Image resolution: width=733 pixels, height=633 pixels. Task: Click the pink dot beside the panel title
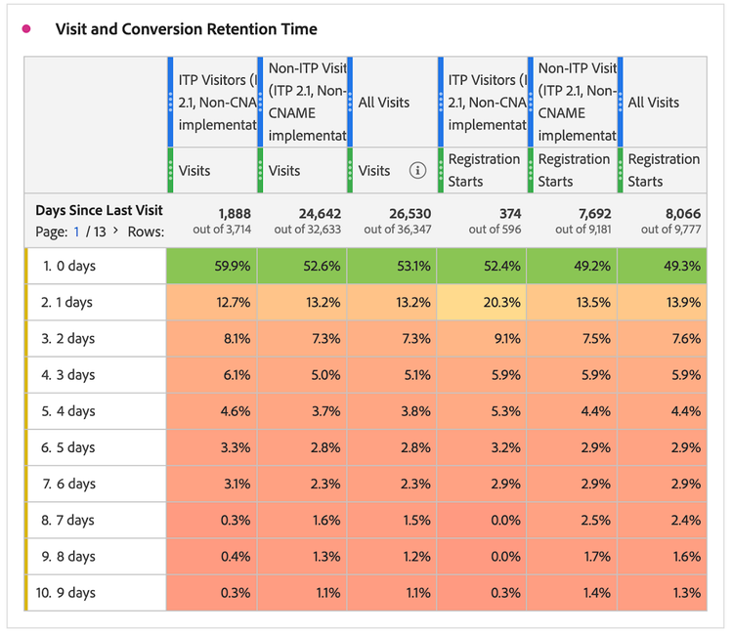pyautogui.click(x=26, y=29)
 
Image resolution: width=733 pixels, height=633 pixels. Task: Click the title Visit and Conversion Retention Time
pyautogui.click(x=186, y=29)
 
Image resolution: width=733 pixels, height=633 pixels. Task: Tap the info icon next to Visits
pyautogui.click(x=417, y=170)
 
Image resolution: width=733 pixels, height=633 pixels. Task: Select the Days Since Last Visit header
pyautogui.click(x=99, y=210)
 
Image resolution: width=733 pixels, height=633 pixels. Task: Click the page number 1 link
pyautogui.click(x=75, y=232)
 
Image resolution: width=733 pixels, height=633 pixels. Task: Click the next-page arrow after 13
pyautogui.click(x=116, y=232)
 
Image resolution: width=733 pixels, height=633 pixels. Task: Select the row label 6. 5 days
pyautogui.click(x=67, y=447)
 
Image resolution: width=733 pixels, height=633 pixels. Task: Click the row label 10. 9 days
pyautogui.click(x=67, y=592)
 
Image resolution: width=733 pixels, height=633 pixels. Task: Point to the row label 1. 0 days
pyautogui.click(x=67, y=266)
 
